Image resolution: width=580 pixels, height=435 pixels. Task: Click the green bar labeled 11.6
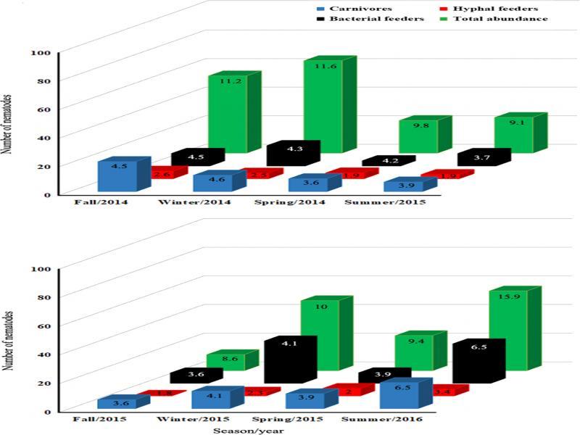(323, 109)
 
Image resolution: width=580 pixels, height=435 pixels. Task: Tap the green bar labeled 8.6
(228, 360)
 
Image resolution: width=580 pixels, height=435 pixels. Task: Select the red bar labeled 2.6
(161, 175)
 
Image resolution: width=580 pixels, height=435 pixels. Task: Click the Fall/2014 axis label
(101, 202)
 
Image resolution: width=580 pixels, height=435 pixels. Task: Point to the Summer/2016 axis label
(384, 419)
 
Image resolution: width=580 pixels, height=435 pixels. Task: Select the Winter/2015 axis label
(194, 419)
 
